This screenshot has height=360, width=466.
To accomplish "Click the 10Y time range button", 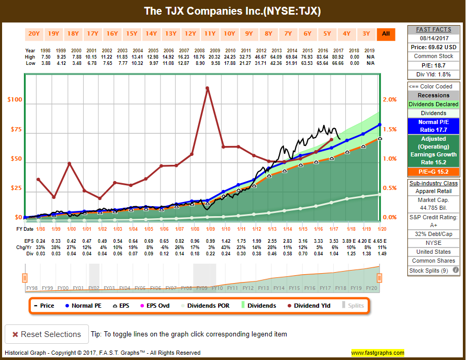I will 230,34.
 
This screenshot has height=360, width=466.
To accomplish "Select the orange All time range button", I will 386,34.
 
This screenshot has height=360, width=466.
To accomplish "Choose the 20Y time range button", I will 34,34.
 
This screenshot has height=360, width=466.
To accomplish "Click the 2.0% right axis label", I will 390,99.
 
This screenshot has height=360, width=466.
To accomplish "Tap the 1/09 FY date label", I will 210,229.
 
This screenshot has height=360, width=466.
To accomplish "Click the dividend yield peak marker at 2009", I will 208,88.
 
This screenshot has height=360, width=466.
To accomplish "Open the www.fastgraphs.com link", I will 378,353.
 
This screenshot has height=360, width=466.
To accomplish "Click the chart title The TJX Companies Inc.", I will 233,11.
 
